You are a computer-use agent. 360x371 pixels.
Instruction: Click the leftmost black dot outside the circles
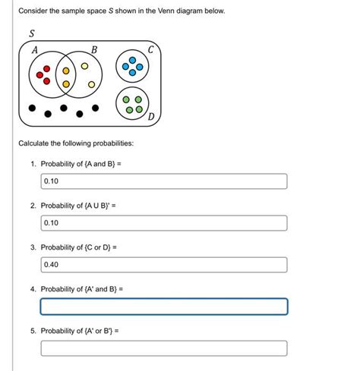[31, 108]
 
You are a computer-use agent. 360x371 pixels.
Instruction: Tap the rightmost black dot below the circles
[96, 108]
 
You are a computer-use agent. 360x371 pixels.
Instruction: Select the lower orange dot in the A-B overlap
[66, 83]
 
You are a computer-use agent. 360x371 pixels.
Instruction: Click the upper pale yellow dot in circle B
[85, 65]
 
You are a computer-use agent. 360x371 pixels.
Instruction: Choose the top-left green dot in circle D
[127, 100]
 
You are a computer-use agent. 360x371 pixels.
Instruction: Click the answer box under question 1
[163, 181]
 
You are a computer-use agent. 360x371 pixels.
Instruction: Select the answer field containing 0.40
[163, 265]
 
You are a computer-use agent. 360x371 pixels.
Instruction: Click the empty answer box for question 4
[163, 307]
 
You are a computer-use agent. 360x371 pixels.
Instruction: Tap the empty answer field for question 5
[163, 348]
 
